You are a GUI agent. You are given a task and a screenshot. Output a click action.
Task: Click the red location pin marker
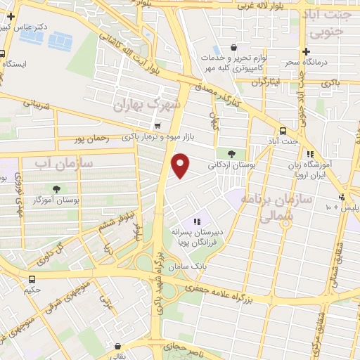pyautogui.click(x=181, y=165)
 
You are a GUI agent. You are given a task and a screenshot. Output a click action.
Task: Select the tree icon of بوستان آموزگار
pyautogui.click(x=57, y=188)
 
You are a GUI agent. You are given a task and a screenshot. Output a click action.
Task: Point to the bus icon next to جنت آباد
pyautogui.click(x=283, y=131)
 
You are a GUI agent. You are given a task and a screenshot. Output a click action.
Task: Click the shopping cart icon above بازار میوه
pyautogui.click(x=156, y=125)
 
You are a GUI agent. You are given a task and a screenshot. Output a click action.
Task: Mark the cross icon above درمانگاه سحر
pyautogui.click(x=306, y=51)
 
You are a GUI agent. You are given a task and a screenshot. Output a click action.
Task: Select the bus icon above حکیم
pyautogui.click(x=32, y=278)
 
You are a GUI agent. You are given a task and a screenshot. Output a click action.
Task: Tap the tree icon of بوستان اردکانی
pyautogui.click(x=231, y=153)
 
